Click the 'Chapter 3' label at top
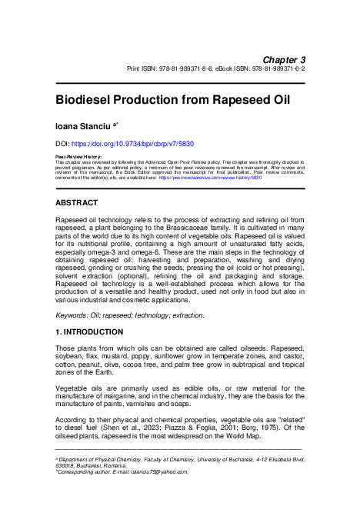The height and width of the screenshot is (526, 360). tap(285, 59)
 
